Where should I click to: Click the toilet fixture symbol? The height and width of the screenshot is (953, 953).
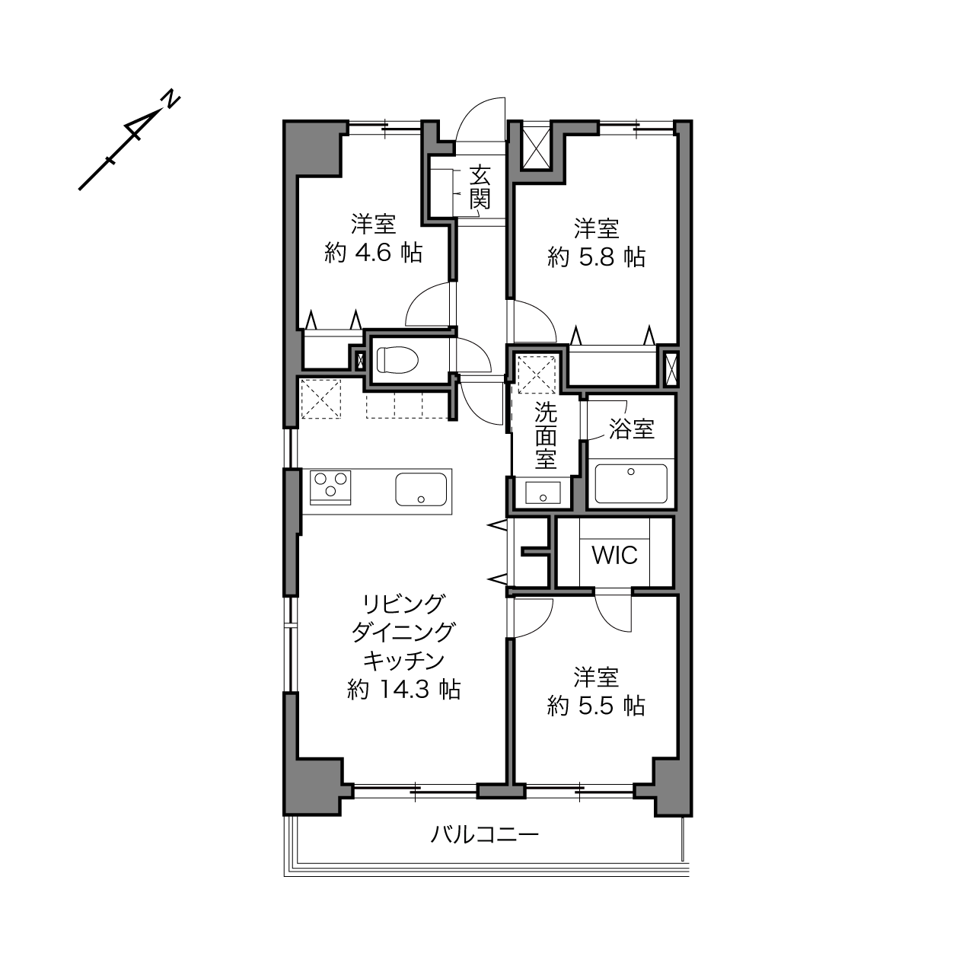397,359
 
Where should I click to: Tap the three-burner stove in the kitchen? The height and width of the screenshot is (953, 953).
330,487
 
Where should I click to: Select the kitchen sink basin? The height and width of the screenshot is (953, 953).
421,489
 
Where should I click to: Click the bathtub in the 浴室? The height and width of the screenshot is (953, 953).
631,483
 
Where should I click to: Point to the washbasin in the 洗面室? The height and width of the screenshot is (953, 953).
543,492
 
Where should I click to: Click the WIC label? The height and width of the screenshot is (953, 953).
615,556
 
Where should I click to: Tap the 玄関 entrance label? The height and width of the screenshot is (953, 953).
480,188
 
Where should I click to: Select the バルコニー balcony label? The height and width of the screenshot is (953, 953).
485,835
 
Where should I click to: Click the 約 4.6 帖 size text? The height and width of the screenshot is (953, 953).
374,253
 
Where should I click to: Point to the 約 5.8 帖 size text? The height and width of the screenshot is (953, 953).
597,257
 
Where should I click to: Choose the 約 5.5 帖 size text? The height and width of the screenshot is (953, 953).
597,706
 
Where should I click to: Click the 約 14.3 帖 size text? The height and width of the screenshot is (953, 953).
404,690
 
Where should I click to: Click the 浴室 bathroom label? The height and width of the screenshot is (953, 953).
632,429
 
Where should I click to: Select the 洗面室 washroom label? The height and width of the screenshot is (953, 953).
546,435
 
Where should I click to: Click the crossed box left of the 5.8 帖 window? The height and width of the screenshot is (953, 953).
537,148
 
